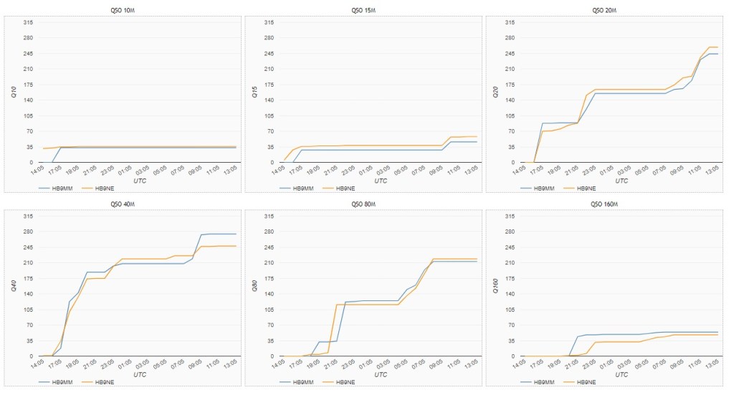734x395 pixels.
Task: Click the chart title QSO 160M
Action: click(604, 204)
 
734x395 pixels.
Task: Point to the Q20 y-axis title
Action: click(496, 92)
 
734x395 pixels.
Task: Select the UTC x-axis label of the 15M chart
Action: click(381, 181)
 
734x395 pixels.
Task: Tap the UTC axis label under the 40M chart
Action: click(140, 374)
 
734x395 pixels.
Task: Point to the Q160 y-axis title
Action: click(496, 285)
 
